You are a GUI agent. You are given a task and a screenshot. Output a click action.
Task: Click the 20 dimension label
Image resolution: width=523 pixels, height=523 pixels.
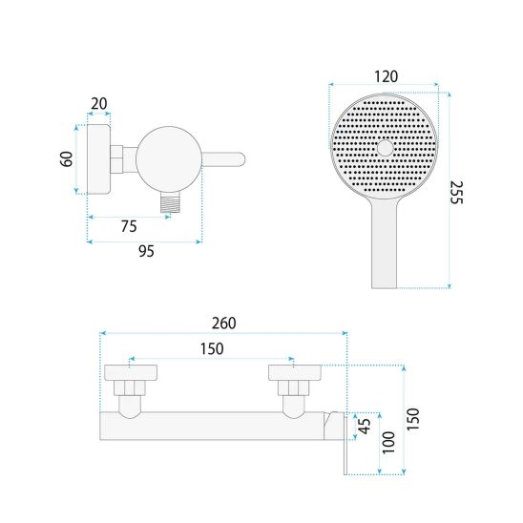pos(99,104)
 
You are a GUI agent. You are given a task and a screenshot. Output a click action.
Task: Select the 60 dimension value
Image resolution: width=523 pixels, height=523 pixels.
pos(67,158)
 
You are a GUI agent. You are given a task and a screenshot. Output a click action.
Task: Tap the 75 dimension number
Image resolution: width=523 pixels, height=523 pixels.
pos(129,226)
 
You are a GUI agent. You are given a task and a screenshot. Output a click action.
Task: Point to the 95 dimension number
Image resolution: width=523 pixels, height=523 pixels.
pos(146,251)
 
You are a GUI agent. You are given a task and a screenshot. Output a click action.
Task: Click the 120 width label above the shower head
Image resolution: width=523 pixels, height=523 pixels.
pos(386,76)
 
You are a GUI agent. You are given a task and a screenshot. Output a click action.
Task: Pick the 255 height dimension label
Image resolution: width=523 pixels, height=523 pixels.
pos(456,193)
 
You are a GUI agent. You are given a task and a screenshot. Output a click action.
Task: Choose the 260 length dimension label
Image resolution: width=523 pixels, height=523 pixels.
pos(224,324)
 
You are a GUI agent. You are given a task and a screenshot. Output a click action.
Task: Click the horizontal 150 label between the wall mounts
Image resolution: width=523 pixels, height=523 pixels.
pos(212,349)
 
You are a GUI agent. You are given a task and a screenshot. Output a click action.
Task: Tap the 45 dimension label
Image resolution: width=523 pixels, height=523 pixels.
pos(365,426)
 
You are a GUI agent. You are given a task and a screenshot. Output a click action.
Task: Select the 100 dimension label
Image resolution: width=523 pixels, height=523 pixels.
pos(388,442)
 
